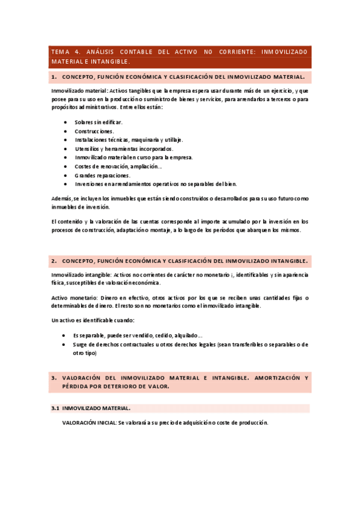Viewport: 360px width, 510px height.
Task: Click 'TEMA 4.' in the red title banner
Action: (x=64, y=52)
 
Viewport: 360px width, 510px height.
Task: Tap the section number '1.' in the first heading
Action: (x=54, y=78)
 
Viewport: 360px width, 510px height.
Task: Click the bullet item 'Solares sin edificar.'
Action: (x=99, y=122)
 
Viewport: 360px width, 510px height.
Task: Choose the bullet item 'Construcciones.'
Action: (x=94, y=131)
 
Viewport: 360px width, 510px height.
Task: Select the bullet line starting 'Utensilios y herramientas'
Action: (x=124, y=149)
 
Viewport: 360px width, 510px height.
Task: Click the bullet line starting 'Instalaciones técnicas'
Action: (x=129, y=140)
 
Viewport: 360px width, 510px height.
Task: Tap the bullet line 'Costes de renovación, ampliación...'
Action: (x=118, y=166)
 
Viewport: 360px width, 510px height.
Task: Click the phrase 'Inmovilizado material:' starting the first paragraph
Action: (x=79, y=90)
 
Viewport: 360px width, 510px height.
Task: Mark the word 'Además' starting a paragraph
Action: (x=62, y=198)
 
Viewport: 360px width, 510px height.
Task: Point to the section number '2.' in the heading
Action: (x=54, y=261)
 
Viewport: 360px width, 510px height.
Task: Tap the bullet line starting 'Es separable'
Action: (x=138, y=335)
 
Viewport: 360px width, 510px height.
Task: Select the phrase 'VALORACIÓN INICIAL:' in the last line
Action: (x=89, y=422)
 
